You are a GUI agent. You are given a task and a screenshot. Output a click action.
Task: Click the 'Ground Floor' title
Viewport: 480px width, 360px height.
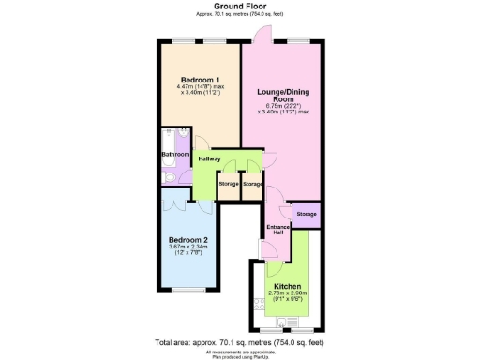pyautogui.click(x=240, y=6)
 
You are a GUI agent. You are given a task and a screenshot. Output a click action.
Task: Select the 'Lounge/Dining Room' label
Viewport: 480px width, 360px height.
pyautogui.click(x=283, y=95)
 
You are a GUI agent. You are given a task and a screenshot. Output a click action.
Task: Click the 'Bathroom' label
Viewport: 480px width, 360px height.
pyautogui.click(x=175, y=154)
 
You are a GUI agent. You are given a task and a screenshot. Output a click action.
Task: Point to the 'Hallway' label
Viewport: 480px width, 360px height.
pyautogui.click(x=209, y=158)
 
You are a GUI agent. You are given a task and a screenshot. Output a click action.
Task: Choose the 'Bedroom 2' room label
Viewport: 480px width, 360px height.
pyautogui.click(x=187, y=239)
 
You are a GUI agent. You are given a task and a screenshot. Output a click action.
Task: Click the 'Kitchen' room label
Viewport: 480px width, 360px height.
pyautogui.click(x=288, y=286)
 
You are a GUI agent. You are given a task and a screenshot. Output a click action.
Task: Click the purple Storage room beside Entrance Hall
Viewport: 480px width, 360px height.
pyautogui.click(x=307, y=215)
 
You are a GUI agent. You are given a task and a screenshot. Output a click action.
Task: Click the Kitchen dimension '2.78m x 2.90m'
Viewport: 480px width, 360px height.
pyautogui.click(x=288, y=293)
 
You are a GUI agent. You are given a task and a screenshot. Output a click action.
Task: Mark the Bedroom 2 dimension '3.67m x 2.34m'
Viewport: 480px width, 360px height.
pyautogui.click(x=187, y=247)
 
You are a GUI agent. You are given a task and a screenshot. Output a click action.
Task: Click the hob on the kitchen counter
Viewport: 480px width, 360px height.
pyautogui.click(x=257, y=305)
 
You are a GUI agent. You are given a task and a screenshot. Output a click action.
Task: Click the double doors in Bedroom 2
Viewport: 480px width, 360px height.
pyautogui.click(x=179, y=202)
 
